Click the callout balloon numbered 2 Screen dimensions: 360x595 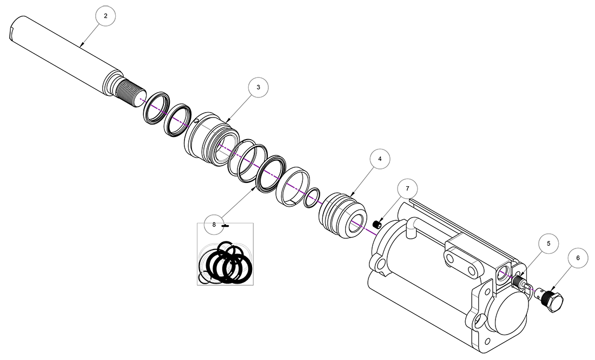(105, 16)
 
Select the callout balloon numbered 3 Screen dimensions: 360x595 (258, 87)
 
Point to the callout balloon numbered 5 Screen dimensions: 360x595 (548, 244)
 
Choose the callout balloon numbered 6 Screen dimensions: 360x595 (578, 258)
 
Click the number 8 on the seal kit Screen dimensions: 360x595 (214, 224)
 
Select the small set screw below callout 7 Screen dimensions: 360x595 (378, 223)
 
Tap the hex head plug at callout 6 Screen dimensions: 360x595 (553, 300)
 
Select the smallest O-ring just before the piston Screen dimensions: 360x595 (312, 198)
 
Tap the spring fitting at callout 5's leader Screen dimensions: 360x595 (520, 282)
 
